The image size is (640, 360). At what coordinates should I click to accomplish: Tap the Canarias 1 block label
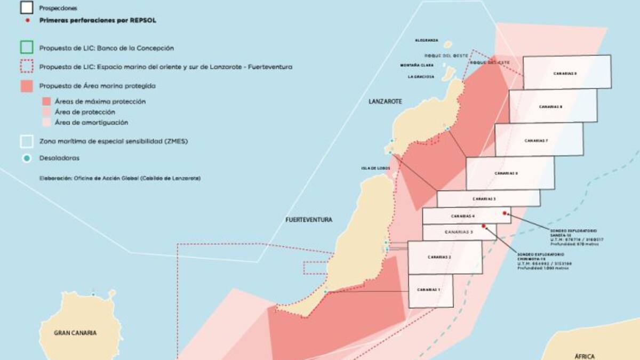click(x=431, y=290)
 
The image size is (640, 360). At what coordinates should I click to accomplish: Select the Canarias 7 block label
click(x=537, y=140)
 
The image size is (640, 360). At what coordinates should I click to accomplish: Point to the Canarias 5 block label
click(x=484, y=198)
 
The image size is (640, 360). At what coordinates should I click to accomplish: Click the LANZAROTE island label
click(x=385, y=101)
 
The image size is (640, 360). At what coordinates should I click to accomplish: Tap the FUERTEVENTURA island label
click(x=309, y=220)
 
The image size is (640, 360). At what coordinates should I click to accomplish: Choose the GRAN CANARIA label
click(x=75, y=333)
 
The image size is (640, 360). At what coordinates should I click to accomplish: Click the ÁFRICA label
click(x=584, y=356)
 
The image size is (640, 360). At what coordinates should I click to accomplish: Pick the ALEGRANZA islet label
click(x=427, y=41)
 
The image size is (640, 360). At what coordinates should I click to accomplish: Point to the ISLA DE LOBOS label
click(x=375, y=168)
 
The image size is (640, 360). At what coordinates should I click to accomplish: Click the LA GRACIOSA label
click(x=420, y=76)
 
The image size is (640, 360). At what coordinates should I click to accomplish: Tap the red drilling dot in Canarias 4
click(x=505, y=213)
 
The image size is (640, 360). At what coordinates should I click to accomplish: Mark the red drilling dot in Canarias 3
click(x=484, y=226)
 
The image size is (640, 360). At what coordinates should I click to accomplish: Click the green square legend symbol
click(x=27, y=48)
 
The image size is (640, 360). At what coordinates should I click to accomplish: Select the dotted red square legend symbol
click(x=27, y=67)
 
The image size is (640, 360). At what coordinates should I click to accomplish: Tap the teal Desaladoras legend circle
click(x=27, y=158)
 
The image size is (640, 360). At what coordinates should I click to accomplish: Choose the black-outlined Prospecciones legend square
click(x=27, y=8)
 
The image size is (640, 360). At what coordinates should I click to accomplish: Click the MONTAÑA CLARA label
click(x=417, y=65)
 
